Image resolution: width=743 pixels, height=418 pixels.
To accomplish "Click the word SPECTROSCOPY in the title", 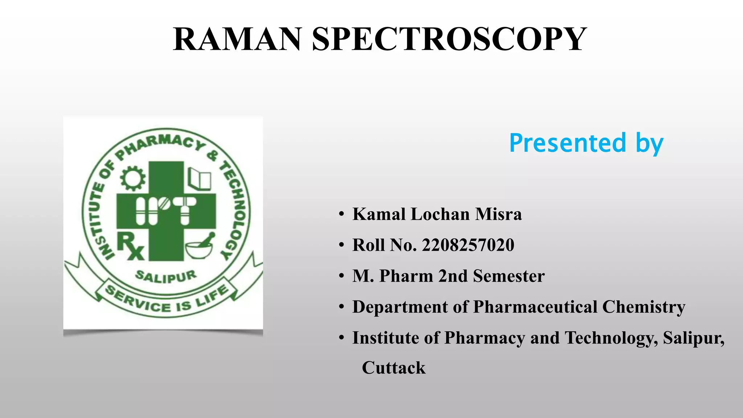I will coord(449,39).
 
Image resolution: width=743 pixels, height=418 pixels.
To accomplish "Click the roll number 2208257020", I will coord(468,245).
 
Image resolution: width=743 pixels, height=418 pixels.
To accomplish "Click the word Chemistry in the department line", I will coord(644,307).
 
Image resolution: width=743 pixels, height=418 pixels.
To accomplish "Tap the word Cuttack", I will coord(394,368).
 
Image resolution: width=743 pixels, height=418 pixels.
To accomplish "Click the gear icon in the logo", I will coord(133,178).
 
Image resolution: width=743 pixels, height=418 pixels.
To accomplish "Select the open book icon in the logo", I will coord(200,179).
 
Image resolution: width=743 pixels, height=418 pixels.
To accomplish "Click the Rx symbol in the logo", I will coord(130,246).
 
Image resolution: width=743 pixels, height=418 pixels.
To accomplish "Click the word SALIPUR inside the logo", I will coord(166,276).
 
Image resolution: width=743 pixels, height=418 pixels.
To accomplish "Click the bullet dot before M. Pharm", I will coord(341,276).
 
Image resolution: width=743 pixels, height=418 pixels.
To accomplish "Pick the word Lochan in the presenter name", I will coord(440,214).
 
